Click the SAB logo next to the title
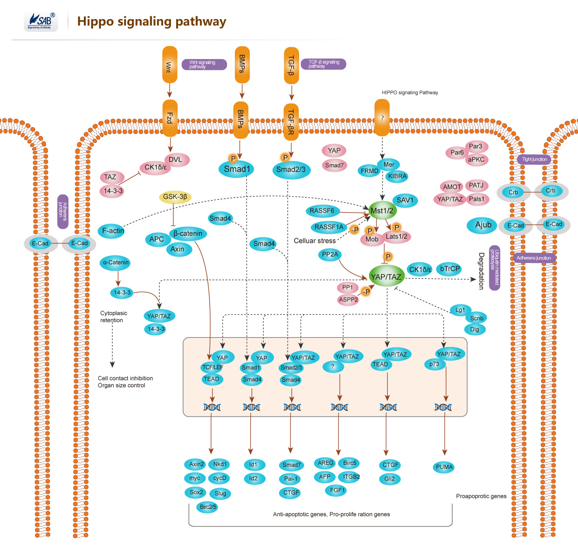[x=41, y=21]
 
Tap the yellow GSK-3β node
[x=175, y=197]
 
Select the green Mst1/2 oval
[x=382, y=210]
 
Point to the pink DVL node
[x=176, y=160]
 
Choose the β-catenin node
[x=188, y=234]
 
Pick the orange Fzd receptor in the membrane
[x=170, y=118]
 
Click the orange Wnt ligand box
[x=169, y=65]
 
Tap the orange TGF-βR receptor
[x=291, y=122]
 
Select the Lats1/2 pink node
[x=396, y=237]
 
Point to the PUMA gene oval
[x=444, y=467]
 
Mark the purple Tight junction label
[x=534, y=159]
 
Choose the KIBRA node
[x=397, y=176]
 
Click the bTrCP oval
[x=450, y=269]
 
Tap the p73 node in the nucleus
[x=434, y=364]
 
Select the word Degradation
[x=481, y=270]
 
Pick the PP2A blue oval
[x=330, y=254]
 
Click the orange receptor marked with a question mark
[x=382, y=118]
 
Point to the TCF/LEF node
[x=212, y=367]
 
